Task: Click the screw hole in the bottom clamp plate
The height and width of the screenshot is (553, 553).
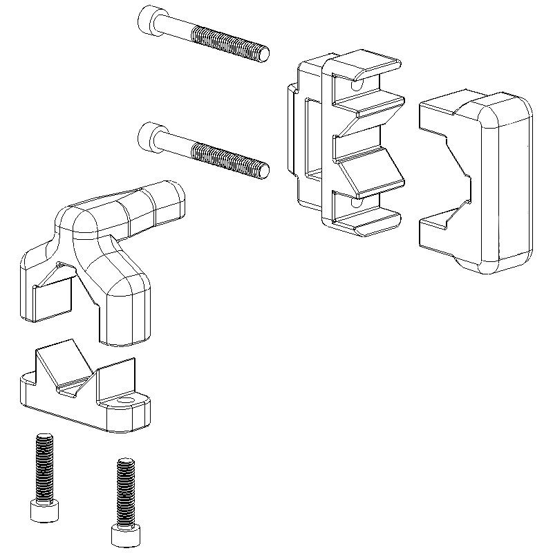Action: click(125, 401)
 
